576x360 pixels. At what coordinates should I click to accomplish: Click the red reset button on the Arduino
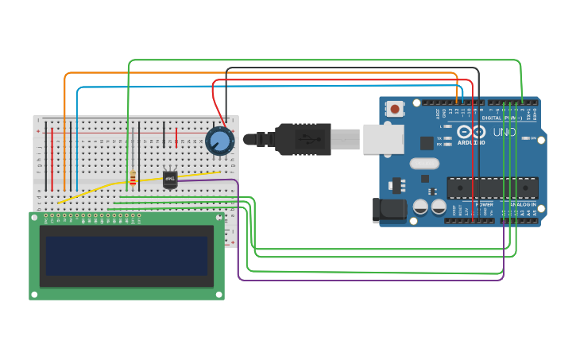(395, 107)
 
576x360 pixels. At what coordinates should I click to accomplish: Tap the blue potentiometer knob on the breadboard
(219, 141)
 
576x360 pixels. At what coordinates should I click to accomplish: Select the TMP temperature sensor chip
(170, 179)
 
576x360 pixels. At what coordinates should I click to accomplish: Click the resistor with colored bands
(133, 179)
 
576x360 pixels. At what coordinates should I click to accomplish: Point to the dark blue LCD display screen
(127, 255)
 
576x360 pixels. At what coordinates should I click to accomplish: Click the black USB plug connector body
(303, 139)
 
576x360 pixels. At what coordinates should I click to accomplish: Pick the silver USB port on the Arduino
(384, 138)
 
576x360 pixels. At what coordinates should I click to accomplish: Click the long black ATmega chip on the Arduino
(493, 188)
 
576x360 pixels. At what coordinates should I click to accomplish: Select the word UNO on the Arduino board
(504, 132)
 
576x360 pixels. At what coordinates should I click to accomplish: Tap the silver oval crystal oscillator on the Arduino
(423, 164)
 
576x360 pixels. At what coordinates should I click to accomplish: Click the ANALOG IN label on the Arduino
(522, 204)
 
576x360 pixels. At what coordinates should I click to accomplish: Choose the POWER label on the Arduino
(484, 204)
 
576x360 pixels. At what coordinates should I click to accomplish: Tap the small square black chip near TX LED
(427, 143)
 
